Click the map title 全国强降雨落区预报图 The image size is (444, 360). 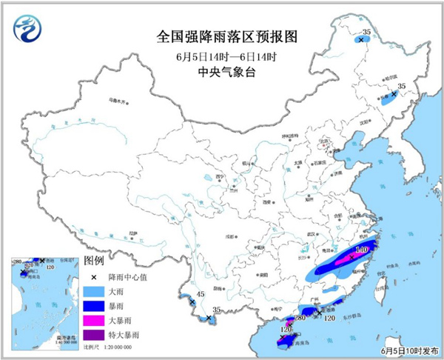point(221,35)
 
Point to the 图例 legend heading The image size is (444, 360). point(94,261)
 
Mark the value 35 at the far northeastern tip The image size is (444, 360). point(366,32)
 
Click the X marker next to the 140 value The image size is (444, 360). point(349,256)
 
